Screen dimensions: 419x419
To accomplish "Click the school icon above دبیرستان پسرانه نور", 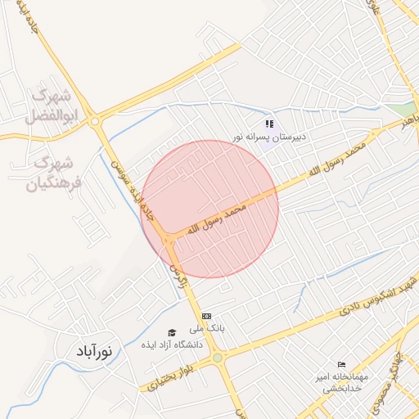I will pyautogui.click(x=269, y=124).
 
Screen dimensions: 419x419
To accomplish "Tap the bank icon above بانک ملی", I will pyautogui.click(x=206, y=315).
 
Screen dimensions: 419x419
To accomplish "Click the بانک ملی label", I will pyautogui.click(x=210, y=327).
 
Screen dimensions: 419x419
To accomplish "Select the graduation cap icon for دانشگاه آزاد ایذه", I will pyautogui.click(x=172, y=331).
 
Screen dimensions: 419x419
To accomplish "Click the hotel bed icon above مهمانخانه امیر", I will pyautogui.click(x=341, y=364).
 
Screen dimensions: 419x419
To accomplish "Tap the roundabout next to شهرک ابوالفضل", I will pyautogui.click(x=97, y=121).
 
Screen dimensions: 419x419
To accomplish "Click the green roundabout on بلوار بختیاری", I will pyautogui.click(x=217, y=358).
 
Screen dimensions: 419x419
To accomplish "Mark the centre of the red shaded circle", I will pyautogui.click(x=209, y=209).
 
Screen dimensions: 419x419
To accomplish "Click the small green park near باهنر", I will pyautogui.click(x=401, y=108).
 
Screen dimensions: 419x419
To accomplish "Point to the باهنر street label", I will pyautogui.click(x=407, y=124).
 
